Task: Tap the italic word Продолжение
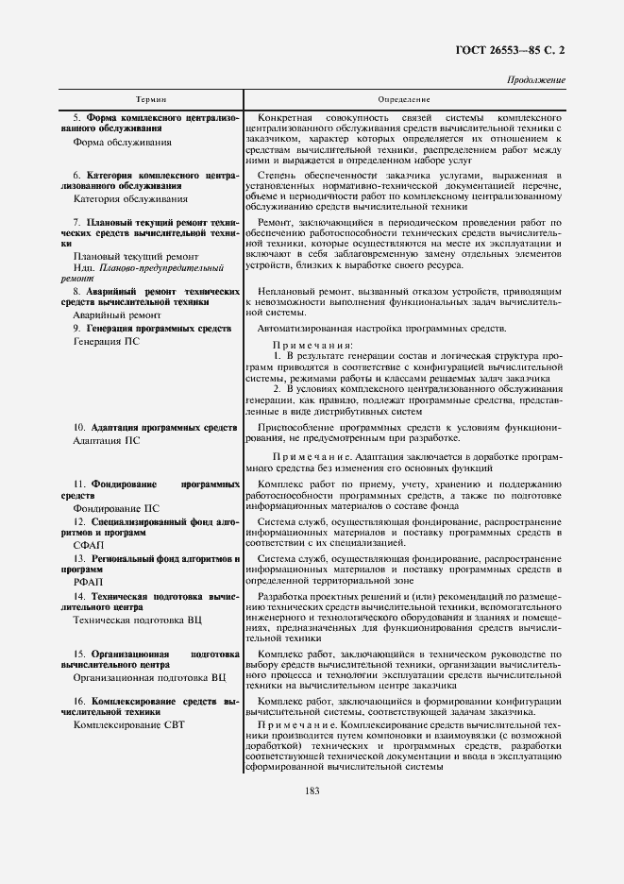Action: tap(536, 79)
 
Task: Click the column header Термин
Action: tap(149, 99)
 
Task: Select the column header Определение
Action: tap(404, 99)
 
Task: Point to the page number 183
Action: tap(312, 790)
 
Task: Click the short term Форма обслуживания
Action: tap(122, 143)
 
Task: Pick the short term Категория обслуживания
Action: tap(129, 199)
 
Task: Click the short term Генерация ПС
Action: tap(106, 340)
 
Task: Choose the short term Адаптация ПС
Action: tap(106, 440)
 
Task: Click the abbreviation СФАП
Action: tap(88, 545)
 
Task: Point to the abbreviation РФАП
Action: tap(88, 583)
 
